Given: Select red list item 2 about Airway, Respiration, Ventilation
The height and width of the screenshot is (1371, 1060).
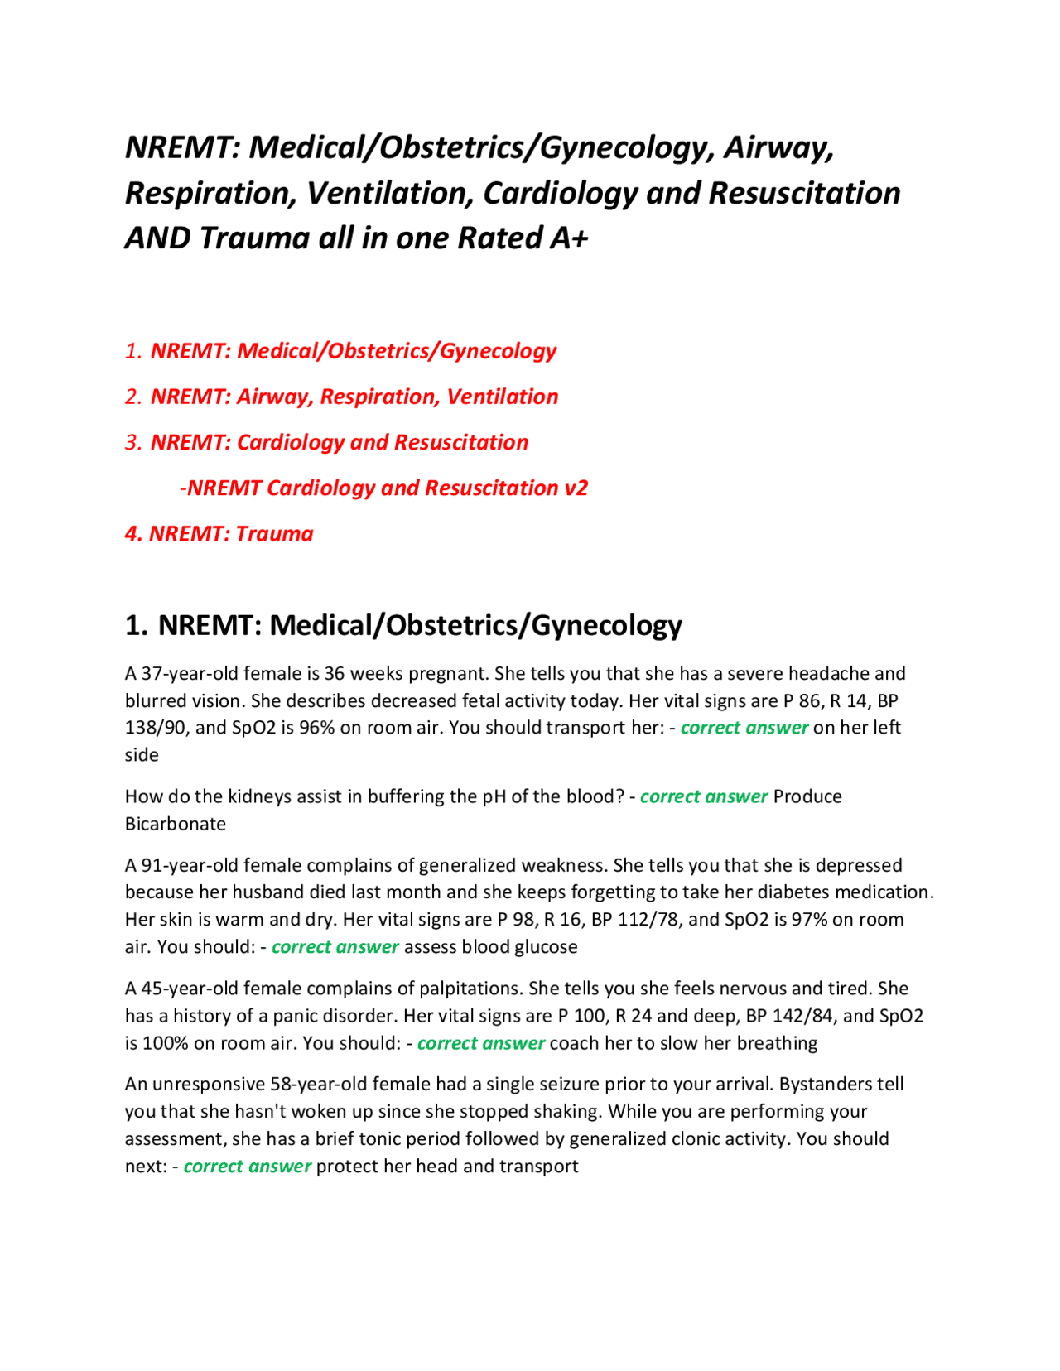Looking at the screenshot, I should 354,397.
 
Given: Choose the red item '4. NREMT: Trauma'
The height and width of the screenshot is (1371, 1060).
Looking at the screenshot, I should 219,533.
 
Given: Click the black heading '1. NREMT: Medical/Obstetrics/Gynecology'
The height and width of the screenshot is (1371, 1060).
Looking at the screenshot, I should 403,625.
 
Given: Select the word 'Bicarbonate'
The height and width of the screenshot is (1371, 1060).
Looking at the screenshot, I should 176,824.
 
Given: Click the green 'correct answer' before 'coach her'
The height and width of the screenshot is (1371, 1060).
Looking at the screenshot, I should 481,1043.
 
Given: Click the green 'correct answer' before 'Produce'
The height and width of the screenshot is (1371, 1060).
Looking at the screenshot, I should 704,796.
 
